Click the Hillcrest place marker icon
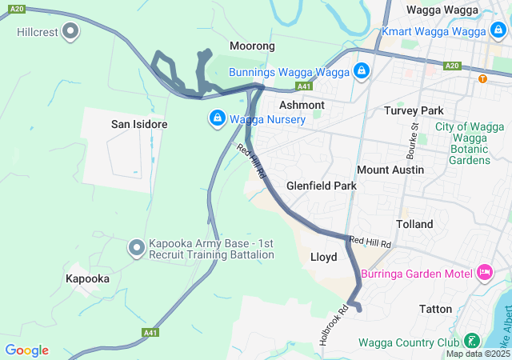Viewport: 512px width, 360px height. point(70,32)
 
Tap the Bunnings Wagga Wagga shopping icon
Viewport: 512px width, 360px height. point(362,71)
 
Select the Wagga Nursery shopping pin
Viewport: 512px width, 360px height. point(217,119)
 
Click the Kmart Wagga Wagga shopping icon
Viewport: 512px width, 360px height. point(498,31)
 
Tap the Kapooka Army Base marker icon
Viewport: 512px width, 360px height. point(136,249)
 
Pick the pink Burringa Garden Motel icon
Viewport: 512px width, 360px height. point(484,274)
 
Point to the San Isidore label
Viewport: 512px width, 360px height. point(139,125)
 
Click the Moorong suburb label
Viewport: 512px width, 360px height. point(252,46)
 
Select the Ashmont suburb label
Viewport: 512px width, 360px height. point(302,105)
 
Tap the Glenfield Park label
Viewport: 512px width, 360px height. point(322,186)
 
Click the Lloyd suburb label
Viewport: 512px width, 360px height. point(323,257)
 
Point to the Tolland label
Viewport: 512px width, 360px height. point(414,224)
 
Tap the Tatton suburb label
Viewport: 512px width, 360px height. point(435,309)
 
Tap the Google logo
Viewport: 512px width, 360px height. point(26,350)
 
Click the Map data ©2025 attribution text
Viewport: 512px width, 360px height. point(477,354)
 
